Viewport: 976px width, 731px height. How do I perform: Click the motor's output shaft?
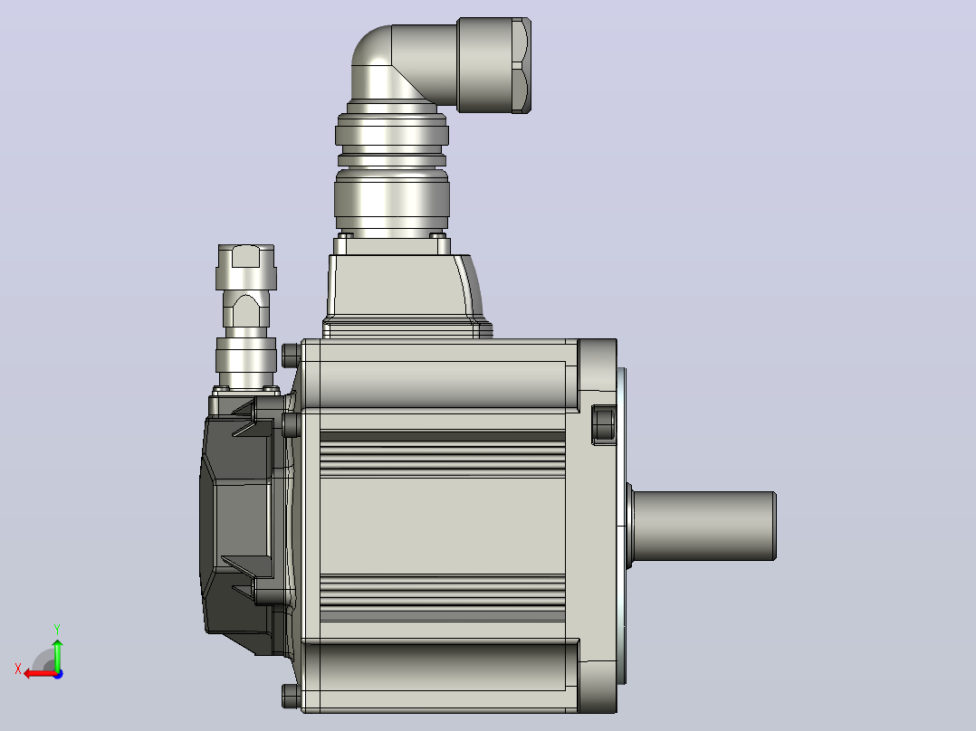pos(703,526)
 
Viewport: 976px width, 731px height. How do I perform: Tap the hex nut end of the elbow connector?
pos(494,65)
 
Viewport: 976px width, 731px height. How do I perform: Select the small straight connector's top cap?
pos(246,267)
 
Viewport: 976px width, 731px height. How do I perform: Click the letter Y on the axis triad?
pos(57,630)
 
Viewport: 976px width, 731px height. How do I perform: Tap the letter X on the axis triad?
pos(18,669)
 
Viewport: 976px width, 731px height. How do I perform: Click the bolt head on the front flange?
pos(603,425)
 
